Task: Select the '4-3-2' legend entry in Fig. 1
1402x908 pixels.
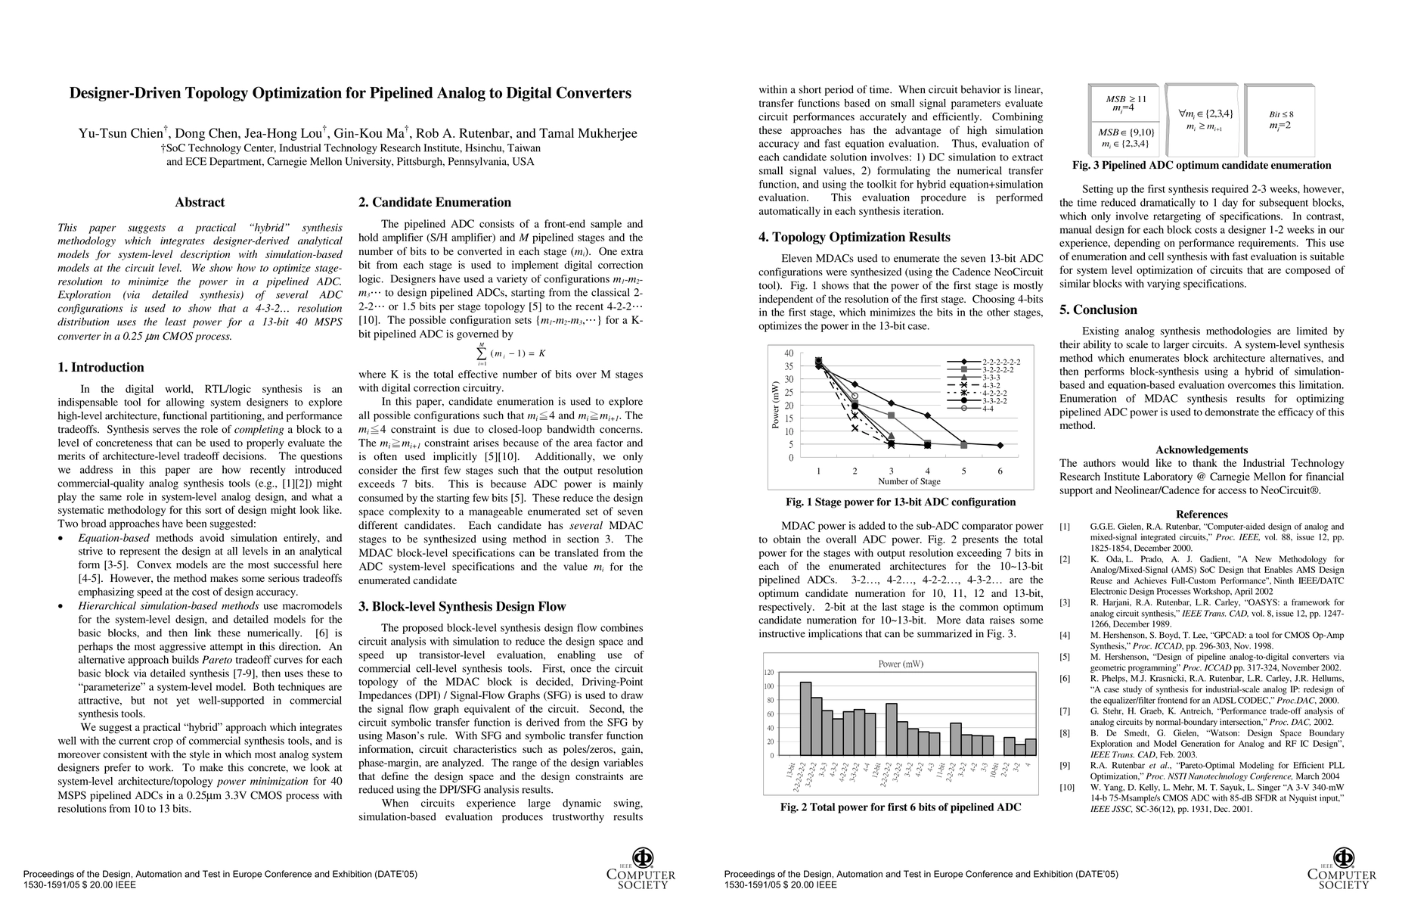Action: (991, 385)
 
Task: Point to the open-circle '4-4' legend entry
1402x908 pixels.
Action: (988, 409)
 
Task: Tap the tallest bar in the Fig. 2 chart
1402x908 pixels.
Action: (805, 718)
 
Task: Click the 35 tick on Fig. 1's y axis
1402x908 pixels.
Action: (789, 366)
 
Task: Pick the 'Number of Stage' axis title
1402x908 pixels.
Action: (909, 481)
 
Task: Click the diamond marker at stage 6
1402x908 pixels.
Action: (1000, 445)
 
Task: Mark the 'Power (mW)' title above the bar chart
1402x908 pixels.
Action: (901, 664)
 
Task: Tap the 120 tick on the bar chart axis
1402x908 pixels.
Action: (769, 673)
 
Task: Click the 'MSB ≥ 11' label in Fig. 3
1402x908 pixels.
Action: (1126, 98)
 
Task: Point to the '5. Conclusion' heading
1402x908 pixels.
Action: (1098, 309)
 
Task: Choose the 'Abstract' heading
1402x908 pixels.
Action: (200, 202)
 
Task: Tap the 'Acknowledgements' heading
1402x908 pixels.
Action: (1202, 449)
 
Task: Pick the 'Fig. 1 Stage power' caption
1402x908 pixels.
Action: (901, 502)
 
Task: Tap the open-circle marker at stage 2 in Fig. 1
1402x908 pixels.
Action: (855, 396)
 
